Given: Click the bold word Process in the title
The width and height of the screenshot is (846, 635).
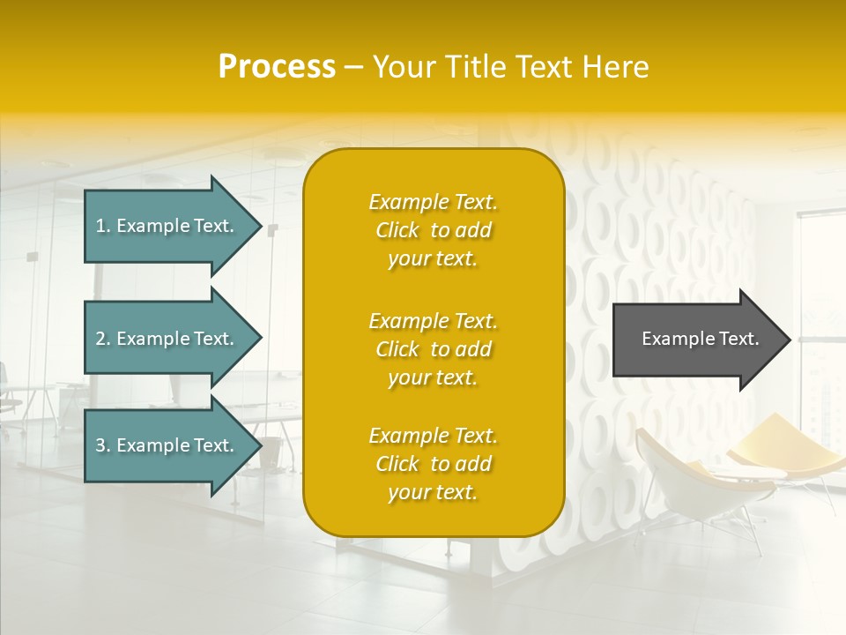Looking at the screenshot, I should click(277, 67).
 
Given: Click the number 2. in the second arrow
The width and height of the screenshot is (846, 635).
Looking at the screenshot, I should click(103, 339).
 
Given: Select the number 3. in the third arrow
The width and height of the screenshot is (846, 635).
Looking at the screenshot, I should click(103, 445).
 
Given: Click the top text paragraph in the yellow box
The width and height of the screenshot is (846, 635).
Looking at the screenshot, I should click(433, 230).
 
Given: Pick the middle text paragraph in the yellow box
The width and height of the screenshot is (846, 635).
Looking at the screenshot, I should click(433, 349).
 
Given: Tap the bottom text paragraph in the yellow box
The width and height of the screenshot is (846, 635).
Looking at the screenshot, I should click(433, 464).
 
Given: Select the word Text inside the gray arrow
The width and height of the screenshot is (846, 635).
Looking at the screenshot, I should click(738, 339).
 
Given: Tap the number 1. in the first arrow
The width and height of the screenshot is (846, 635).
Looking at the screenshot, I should click(103, 226).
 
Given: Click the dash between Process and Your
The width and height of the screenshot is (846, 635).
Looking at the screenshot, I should click(353, 68).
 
